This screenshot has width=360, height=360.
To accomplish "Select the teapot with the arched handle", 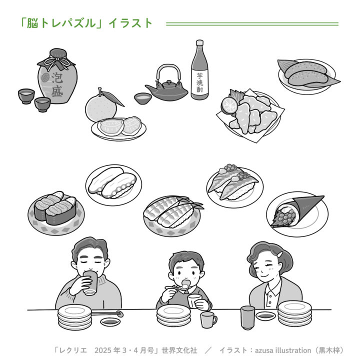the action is (x=167, y=84).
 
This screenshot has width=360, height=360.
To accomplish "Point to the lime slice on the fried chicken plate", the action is (x=229, y=105).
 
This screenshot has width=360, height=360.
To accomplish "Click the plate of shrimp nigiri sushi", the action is (x=172, y=216).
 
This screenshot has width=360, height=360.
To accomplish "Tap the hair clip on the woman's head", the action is (x=280, y=254).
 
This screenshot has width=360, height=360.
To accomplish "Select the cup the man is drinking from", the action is (x=90, y=282).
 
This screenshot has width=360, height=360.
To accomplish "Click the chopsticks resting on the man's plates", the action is (x=107, y=313).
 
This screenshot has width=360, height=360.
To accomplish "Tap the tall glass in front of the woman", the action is (x=247, y=318).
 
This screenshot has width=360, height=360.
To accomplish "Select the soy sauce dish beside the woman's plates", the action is (x=265, y=316).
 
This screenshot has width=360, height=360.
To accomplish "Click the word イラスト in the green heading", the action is (x=130, y=23).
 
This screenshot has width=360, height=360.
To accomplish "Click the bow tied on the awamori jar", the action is (x=56, y=62).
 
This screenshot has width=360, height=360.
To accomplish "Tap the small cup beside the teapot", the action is (x=143, y=98).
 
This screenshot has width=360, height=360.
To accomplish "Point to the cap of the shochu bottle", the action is (x=199, y=42).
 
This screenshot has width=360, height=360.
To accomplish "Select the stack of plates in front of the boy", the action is (x=173, y=315).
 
